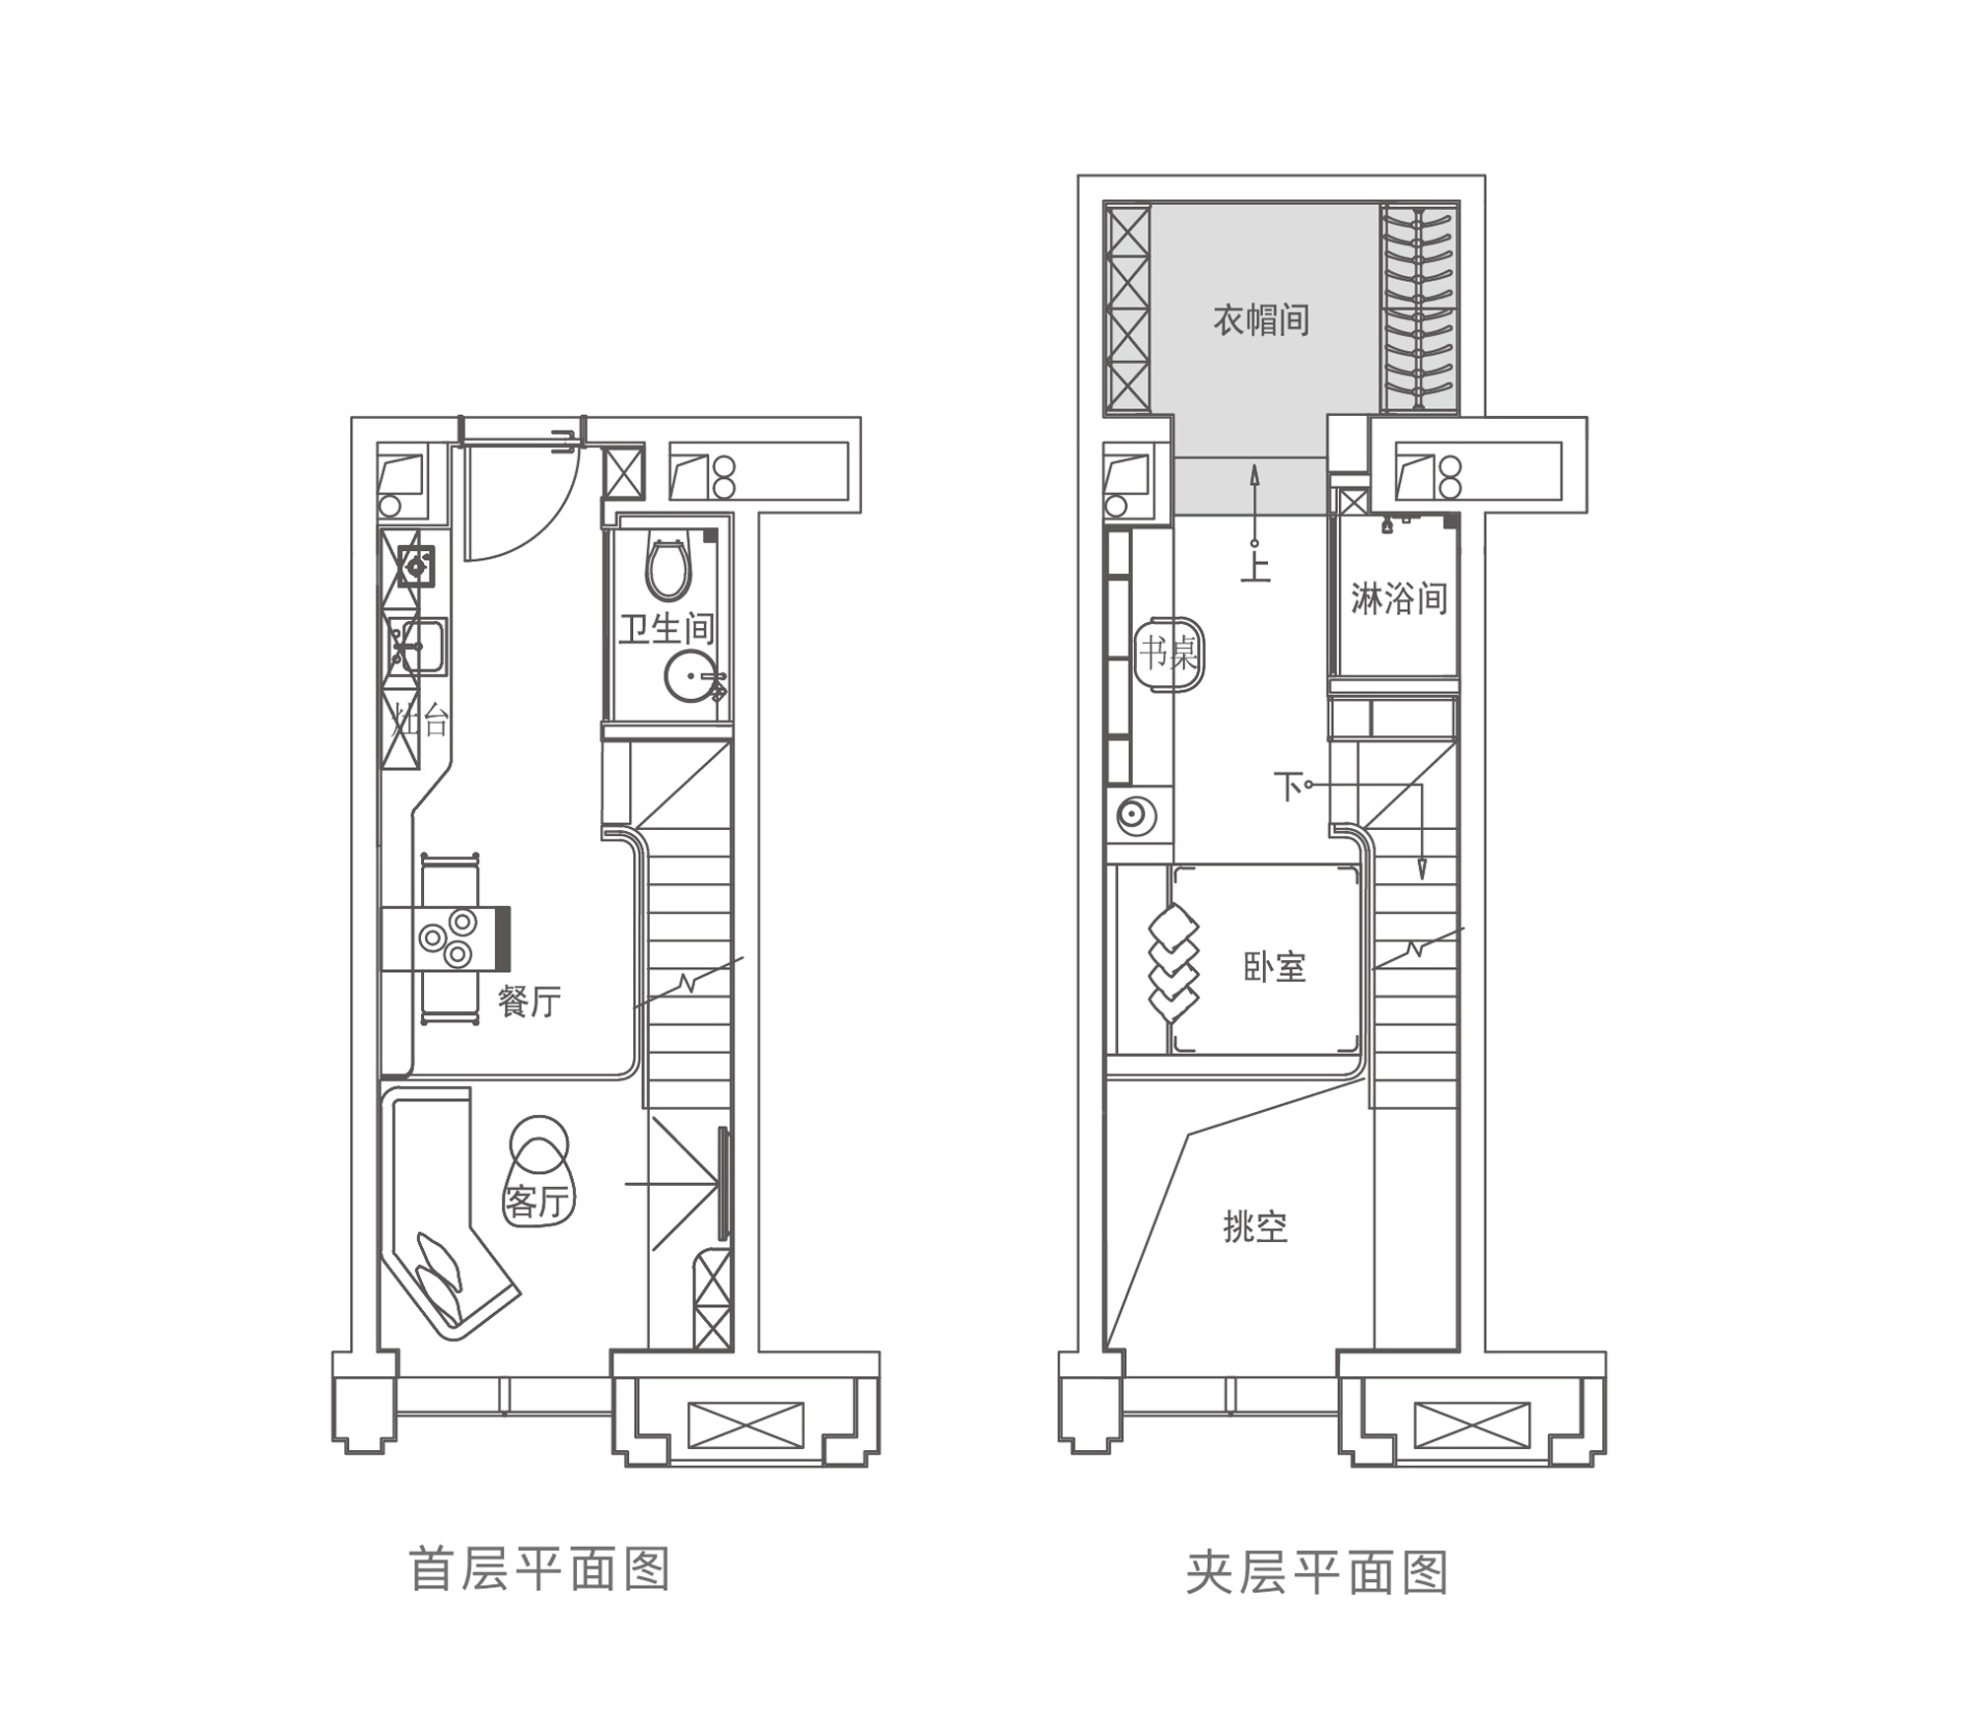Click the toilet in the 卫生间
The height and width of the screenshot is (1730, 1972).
click(x=668, y=568)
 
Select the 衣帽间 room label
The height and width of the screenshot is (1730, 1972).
click(x=1261, y=320)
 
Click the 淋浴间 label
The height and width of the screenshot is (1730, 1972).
click(x=1398, y=598)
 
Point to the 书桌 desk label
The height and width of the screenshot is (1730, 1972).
click(x=1168, y=653)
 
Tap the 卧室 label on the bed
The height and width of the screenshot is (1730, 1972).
click(x=1275, y=967)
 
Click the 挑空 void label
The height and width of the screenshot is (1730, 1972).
click(x=1255, y=1227)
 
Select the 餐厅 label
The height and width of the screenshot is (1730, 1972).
click(x=529, y=1002)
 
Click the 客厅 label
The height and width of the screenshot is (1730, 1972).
click(x=537, y=1202)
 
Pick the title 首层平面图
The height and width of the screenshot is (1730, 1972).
click(x=539, y=1569)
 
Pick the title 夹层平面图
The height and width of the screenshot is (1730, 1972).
click(x=1317, y=1572)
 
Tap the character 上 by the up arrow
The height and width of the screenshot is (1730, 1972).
click(x=1255, y=567)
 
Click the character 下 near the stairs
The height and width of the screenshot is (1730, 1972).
click(x=1288, y=787)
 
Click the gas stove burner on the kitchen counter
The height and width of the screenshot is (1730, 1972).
click(x=415, y=566)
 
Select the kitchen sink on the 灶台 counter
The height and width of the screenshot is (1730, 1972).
click(x=419, y=646)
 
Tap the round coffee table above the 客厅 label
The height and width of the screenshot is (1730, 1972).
click(x=538, y=1143)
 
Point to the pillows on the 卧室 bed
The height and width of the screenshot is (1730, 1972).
click(x=1173, y=963)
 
